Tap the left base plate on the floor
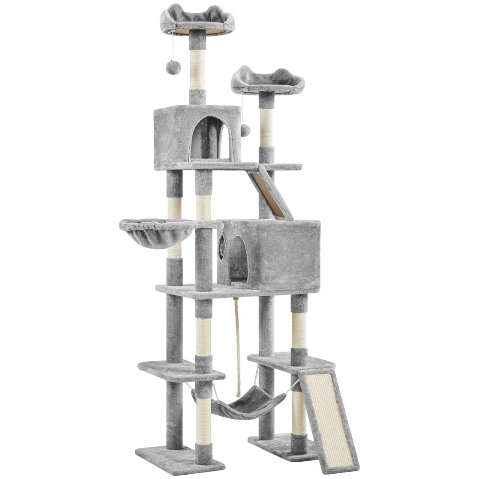click(180, 457)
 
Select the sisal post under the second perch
click(266, 126)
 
